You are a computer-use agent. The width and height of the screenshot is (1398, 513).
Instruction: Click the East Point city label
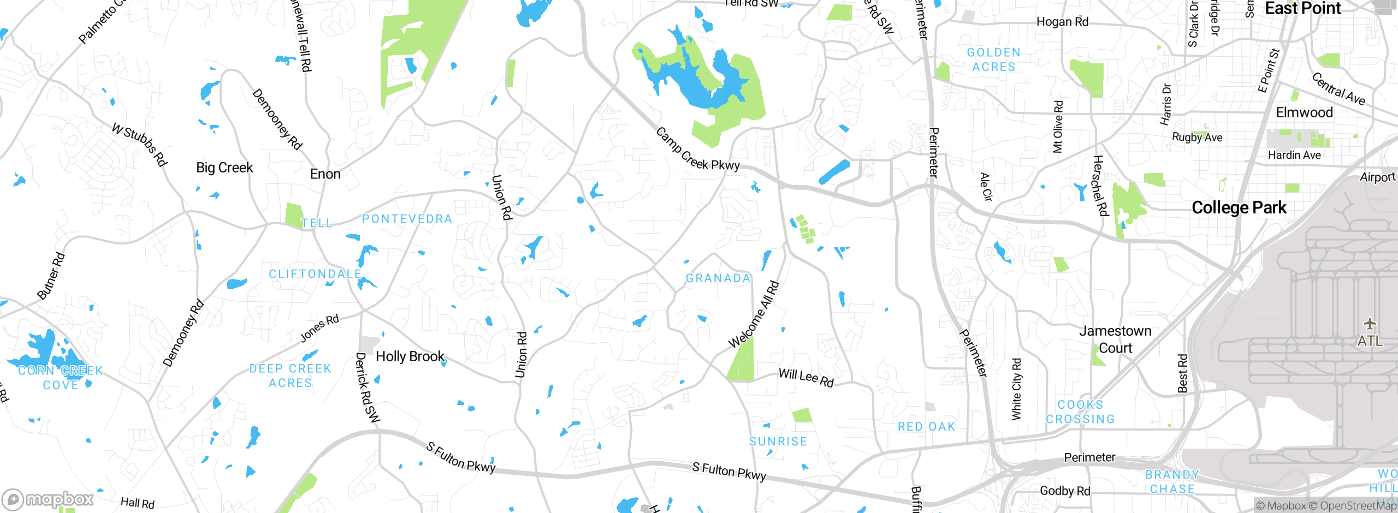1302,8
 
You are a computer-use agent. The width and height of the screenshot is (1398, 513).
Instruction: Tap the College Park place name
1239,207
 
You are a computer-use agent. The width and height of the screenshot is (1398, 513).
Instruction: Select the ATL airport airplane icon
1370,324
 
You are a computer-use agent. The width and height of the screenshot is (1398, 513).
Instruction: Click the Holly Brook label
410,356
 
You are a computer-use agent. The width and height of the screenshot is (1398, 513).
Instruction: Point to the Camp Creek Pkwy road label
697,150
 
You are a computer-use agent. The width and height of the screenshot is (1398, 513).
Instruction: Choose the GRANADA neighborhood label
718,278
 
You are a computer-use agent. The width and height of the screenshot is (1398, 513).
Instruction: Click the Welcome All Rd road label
754,314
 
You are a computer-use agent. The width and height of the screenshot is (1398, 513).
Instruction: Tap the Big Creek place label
224,168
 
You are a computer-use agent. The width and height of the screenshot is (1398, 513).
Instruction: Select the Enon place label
325,174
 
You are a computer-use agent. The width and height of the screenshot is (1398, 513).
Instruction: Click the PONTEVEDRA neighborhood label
407,219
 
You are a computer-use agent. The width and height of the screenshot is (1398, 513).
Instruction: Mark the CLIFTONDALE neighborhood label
315,274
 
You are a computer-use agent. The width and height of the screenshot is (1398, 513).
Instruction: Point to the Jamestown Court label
1115,339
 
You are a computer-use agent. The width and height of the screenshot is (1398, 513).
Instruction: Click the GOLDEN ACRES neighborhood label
993,59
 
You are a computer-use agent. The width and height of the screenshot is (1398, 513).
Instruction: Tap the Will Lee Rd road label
806,377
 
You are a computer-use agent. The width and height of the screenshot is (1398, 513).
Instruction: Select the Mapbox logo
48,499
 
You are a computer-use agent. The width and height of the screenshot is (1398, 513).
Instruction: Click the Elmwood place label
1304,112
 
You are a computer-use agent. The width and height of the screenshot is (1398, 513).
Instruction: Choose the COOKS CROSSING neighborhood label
1080,412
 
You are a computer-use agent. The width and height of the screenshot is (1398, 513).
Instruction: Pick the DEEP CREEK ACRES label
291,376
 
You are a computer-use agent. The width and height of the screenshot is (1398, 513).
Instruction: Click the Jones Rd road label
319,328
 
